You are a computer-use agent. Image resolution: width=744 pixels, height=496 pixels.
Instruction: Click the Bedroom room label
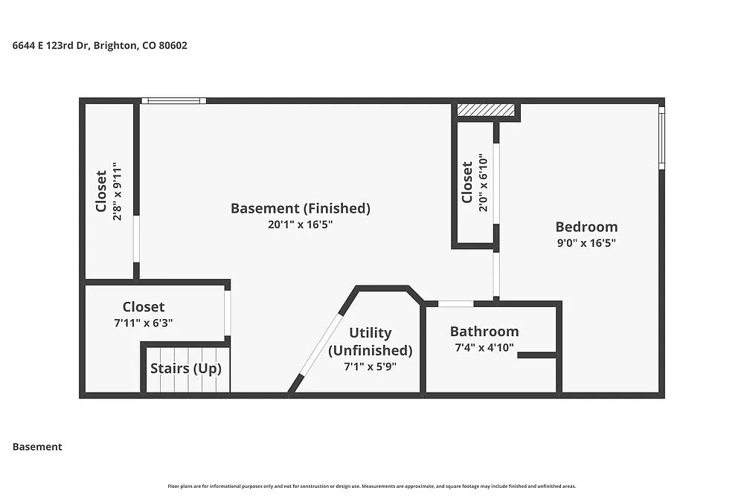(x=586, y=227)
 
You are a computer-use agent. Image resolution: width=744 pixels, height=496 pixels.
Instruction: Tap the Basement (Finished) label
(x=301, y=208)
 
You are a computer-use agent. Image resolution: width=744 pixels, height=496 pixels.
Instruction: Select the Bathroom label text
(x=484, y=331)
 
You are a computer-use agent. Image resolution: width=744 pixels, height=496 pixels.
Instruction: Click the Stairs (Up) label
(x=186, y=368)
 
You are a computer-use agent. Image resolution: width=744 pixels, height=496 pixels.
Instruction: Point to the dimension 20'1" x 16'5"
(x=301, y=225)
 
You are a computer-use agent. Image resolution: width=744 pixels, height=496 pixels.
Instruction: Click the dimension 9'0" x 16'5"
(x=586, y=242)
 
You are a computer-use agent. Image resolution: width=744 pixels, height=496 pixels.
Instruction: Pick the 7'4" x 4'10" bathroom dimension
(x=484, y=347)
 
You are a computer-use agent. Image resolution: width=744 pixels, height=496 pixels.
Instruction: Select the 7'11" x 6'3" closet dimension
(x=144, y=323)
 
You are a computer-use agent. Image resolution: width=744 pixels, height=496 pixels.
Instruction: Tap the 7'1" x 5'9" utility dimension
(x=370, y=367)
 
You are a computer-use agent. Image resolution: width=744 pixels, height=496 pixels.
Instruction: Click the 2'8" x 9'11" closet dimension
(x=118, y=192)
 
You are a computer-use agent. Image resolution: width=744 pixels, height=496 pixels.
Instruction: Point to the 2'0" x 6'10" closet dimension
(x=483, y=183)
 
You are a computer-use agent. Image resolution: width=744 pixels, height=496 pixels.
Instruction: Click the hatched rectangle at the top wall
(x=485, y=109)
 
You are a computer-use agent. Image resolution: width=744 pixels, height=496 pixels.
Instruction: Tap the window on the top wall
(x=173, y=100)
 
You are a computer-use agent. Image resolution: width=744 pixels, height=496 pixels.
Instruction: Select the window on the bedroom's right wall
(x=661, y=138)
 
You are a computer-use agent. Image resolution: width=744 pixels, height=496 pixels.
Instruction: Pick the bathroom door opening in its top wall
(x=455, y=304)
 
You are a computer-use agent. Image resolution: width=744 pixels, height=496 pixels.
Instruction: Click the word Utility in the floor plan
(x=371, y=333)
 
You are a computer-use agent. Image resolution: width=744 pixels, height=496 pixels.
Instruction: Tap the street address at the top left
(x=100, y=45)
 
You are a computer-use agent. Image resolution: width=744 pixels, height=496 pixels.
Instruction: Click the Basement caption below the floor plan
(x=37, y=447)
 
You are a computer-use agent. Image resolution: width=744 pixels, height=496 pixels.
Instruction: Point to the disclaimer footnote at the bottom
(x=372, y=486)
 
